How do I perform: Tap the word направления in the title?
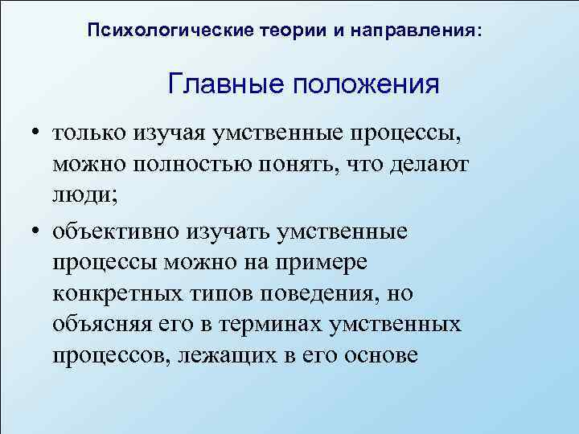coord(421,31)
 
